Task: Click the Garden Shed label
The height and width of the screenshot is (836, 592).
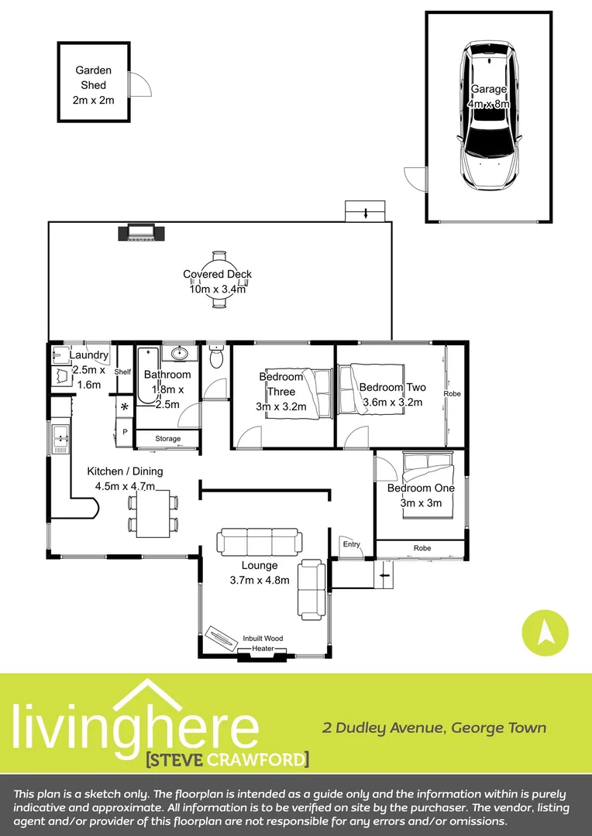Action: coord(93,85)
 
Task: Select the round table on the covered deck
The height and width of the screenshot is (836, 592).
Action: coord(219,279)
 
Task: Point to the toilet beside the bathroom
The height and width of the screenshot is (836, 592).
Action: coord(217,358)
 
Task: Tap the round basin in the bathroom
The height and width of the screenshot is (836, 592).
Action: coord(180,354)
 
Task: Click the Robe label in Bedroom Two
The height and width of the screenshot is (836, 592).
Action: coord(452,394)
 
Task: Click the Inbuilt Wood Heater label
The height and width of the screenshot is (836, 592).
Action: coord(263,643)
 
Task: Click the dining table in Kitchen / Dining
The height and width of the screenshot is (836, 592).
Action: coord(153,514)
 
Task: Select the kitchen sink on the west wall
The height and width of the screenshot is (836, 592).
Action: coord(60,438)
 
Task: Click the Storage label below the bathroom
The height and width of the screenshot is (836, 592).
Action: coord(167,440)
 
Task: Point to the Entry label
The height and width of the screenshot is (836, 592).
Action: coord(352,544)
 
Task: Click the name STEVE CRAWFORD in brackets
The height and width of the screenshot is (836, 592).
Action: coord(227,759)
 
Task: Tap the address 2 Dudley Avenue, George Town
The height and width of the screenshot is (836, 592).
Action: coord(434,728)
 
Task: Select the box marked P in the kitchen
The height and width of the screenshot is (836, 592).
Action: coord(123,432)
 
